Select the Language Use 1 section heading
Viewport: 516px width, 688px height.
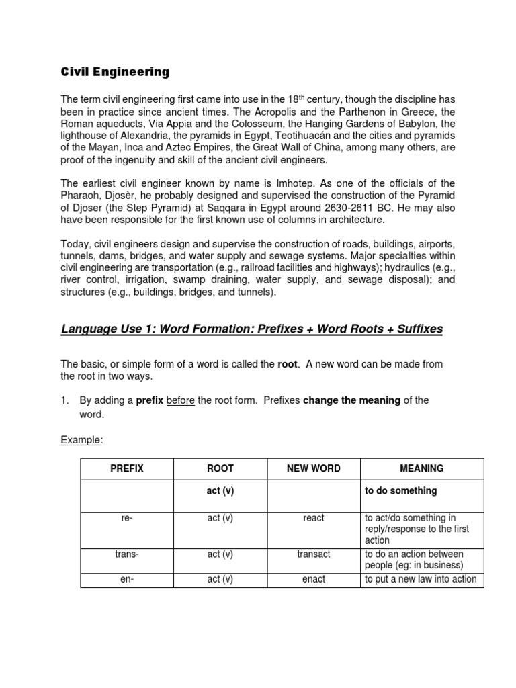(252, 329)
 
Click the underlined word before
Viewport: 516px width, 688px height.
(180, 400)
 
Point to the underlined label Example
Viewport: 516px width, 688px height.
(81, 439)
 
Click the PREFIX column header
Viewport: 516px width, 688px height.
(127, 468)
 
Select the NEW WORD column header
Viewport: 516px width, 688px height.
(314, 468)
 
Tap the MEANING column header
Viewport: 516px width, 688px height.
(422, 468)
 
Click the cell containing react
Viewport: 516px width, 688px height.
(314, 518)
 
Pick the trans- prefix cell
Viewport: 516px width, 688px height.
(127, 554)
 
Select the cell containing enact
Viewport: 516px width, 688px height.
(314, 579)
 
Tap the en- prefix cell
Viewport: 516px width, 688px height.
(127, 579)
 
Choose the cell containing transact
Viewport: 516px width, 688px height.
(314, 554)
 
